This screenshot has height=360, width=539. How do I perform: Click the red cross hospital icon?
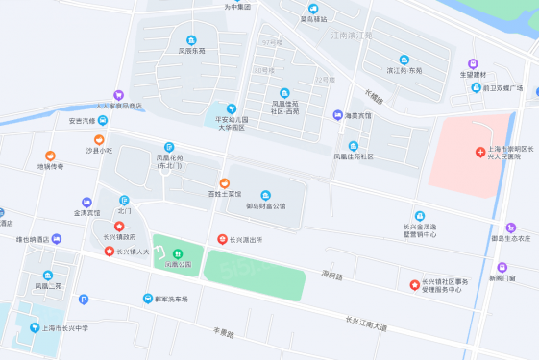480,153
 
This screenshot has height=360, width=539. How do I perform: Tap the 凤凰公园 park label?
178,263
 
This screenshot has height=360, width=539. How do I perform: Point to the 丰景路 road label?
224,332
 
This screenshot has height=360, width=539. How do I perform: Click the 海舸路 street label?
333,276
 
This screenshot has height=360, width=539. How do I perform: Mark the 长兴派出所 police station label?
251,239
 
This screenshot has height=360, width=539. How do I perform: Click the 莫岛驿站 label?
312,19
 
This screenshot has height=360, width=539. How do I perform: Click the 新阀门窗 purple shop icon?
502,267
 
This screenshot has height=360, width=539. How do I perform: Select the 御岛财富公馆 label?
266,205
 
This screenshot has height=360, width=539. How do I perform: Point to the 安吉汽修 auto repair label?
83,121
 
